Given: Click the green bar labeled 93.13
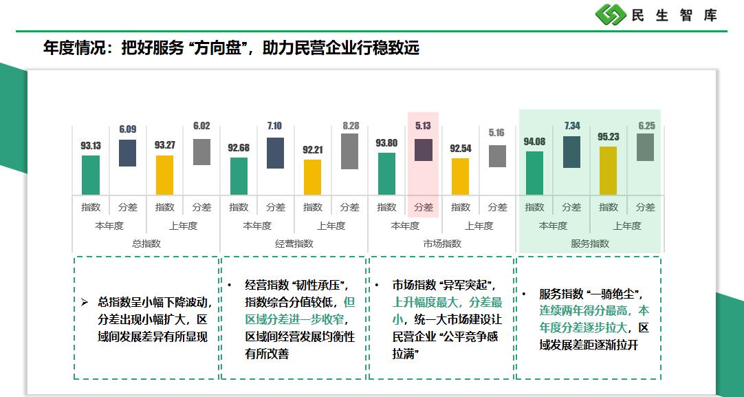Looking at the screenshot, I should pos(91,175).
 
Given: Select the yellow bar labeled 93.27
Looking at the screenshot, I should pos(165,175).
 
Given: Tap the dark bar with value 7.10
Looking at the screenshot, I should pos(275,153).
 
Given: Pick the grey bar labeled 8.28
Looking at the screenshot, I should pos(349,151).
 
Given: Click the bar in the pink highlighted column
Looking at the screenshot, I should pos(424,150).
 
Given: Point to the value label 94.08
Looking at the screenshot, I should pos(534,142).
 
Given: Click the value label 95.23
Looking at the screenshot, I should pos(609,137).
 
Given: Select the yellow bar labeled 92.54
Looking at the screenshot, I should pos(460,176).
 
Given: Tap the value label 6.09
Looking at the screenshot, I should pos(128,129).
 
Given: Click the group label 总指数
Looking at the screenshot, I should pos(146,244).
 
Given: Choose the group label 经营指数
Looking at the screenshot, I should pos(294,244).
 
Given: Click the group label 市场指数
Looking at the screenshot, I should pos(442,244).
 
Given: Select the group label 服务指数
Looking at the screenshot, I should pos(590,244).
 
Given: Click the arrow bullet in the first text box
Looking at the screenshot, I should pos(85,302).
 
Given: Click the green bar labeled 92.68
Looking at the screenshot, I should pos(239,176).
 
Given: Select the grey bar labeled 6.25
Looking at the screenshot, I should pos(645,147).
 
